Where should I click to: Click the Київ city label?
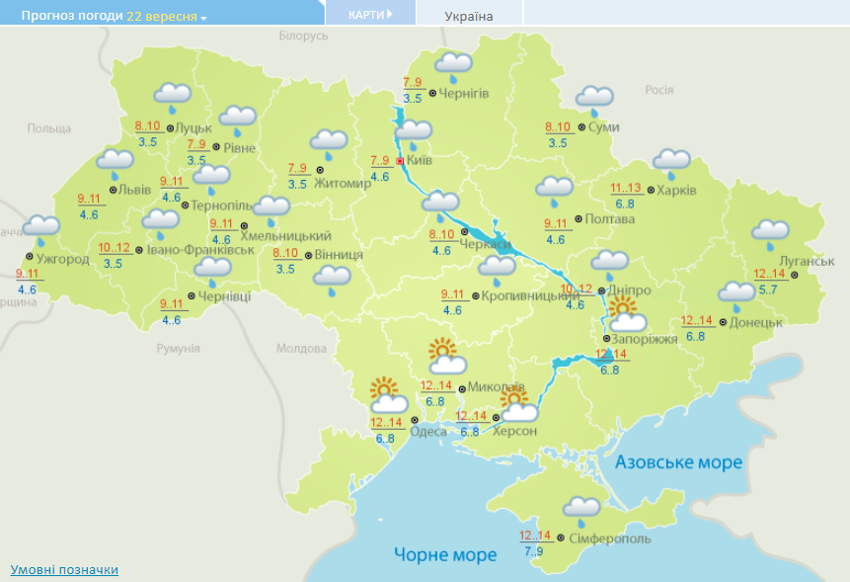(x=420, y=160)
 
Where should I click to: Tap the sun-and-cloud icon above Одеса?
(x=389, y=395)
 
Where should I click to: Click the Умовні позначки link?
(x=64, y=570)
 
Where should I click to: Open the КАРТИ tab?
(x=370, y=15)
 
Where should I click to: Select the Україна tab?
(x=469, y=16)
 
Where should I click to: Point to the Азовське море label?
(x=678, y=462)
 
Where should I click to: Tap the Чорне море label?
(x=445, y=554)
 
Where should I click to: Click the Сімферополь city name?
(x=609, y=539)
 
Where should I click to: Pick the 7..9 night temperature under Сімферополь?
(x=534, y=551)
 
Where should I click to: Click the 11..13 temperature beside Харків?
(x=625, y=189)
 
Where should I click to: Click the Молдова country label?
(x=301, y=349)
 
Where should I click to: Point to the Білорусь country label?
(x=302, y=36)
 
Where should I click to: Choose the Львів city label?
(x=134, y=189)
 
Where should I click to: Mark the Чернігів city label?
(x=464, y=93)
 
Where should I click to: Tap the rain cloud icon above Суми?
(x=594, y=99)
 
